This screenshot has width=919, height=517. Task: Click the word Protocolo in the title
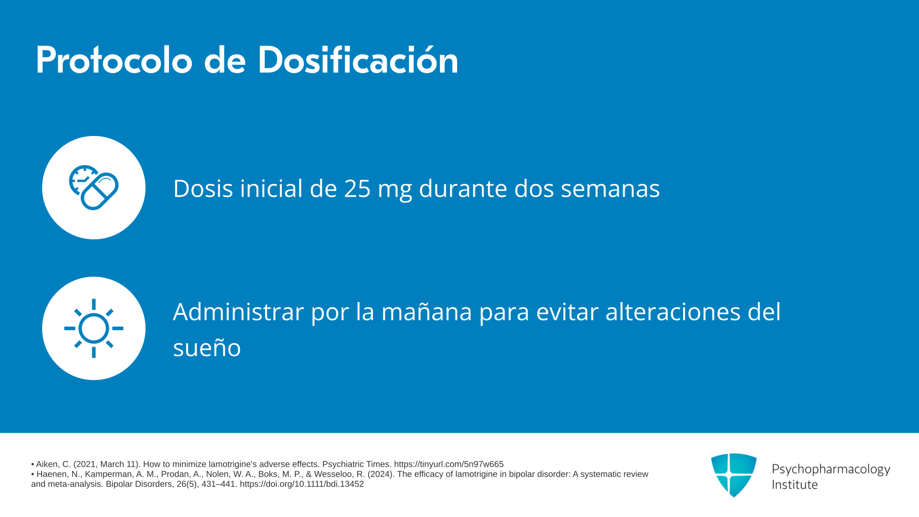pyautogui.click(x=114, y=60)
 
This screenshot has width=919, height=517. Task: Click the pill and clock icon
pyautogui.click(x=94, y=188)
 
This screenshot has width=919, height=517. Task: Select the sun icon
pyautogui.click(x=94, y=328)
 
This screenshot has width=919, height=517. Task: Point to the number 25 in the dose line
pyautogui.click(x=357, y=189)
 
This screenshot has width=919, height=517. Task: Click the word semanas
pyautogui.click(x=610, y=189)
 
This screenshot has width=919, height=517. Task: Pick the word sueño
pyautogui.click(x=207, y=348)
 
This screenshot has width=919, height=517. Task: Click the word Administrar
pyautogui.click(x=238, y=312)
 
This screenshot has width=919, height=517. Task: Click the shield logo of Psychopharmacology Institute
pyautogui.click(x=734, y=475)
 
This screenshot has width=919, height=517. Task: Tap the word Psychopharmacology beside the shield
pyautogui.click(x=831, y=470)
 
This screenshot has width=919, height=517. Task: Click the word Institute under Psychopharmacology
pyautogui.click(x=795, y=485)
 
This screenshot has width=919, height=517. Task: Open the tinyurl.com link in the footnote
pyautogui.click(x=448, y=464)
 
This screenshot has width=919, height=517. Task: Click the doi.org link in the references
pyautogui.click(x=302, y=484)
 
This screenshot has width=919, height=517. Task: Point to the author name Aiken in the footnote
pyautogui.click(x=47, y=464)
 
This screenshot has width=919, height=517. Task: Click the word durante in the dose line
pyautogui.click(x=463, y=189)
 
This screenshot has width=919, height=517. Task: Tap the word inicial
pyautogui.click(x=271, y=188)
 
